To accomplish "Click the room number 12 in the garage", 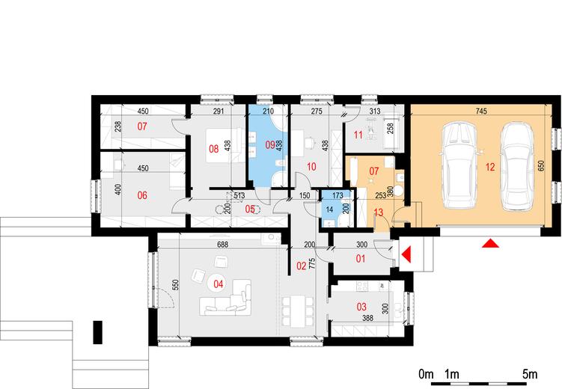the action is (x=490, y=167).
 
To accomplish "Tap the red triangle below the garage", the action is (x=490, y=244).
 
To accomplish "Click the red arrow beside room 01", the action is (x=406, y=254).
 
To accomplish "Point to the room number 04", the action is (x=219, y=284).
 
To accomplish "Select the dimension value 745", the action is (x=481, y=111).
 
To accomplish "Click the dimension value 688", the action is (x=222, y=245).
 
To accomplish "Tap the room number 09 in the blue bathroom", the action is (x=270, y=145).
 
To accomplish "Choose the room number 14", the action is (x=329, y=209).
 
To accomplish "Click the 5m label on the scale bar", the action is (x=530, y=374).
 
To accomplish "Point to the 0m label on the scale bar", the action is (x=427, y=374).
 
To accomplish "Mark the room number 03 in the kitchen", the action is (x=361, y=307).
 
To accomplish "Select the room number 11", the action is (x=358, y=135).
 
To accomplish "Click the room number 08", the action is (x=213, y=149).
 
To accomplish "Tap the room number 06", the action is (x=142, y=195).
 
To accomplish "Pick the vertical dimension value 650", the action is (x=541, y=165).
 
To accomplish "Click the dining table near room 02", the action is (x=298, y=311).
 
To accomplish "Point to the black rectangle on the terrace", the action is (x=97, y=332).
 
